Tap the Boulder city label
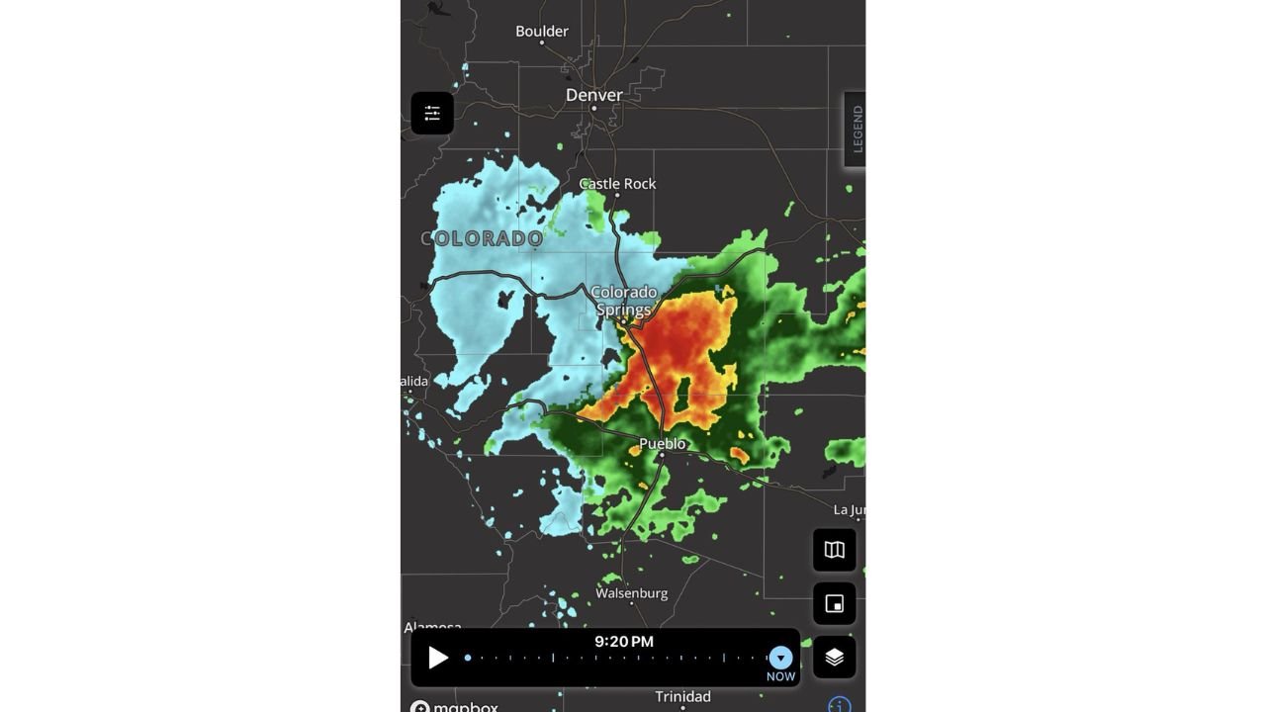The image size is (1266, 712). tap(542, 32)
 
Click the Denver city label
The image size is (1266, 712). tap(594, 95)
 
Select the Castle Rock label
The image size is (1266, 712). tap(617, 184)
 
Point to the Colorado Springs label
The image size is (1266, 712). tap(624, 301)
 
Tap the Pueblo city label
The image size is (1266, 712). tap(662, 444)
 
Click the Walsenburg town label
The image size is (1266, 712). tap(631, 593)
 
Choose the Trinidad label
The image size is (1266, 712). tap(682, 697)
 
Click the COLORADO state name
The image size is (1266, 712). tap(482, 238)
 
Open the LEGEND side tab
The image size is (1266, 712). tap(857, 130)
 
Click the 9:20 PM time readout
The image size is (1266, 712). tap(624, 642)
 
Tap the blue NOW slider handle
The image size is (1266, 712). tap(780, 658)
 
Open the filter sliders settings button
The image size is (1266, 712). tap(432, 114)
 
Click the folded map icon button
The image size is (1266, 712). tap(835, 550)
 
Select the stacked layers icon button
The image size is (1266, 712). tap(835, 657)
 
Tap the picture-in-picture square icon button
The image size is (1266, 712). tap(835, 603)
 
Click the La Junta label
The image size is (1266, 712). tap(849, 510)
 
